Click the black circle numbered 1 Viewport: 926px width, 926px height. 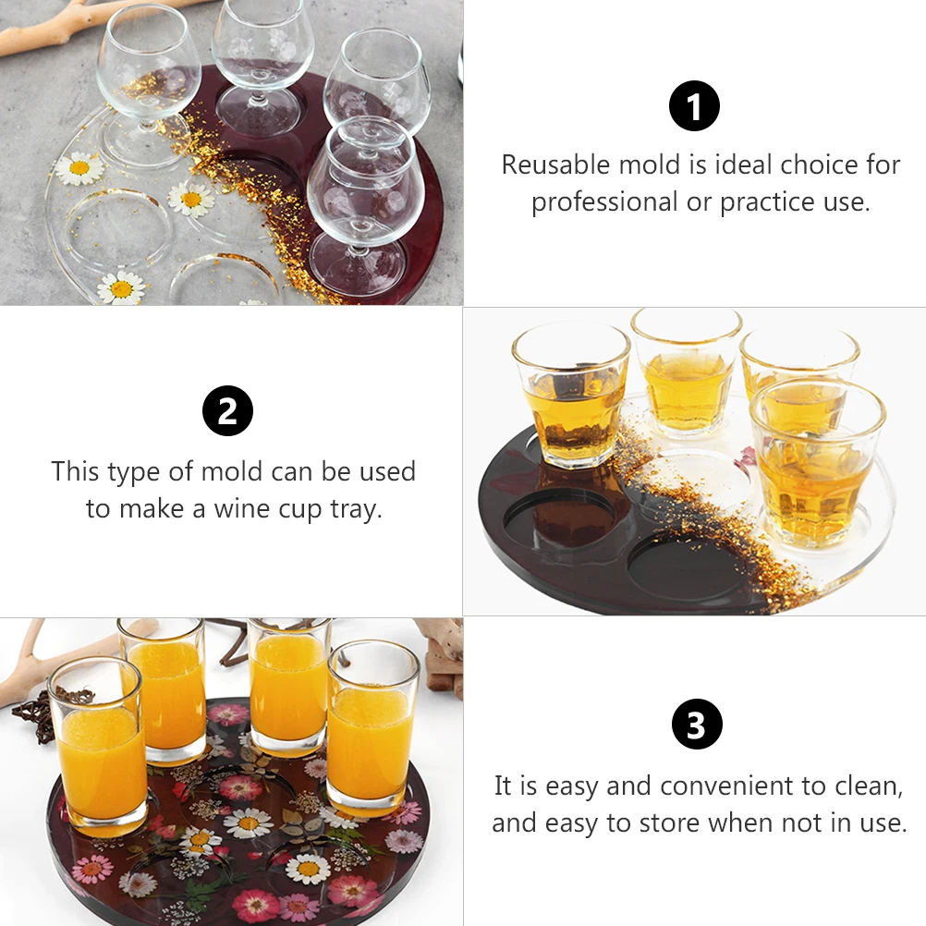(694, 106)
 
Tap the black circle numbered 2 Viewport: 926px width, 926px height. (227, 412)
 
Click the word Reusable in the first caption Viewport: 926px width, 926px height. (555, 165)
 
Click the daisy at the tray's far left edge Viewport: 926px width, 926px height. (79, 168)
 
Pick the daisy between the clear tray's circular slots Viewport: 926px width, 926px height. (191, 199)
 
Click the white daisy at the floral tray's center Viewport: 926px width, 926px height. (248, 822)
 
